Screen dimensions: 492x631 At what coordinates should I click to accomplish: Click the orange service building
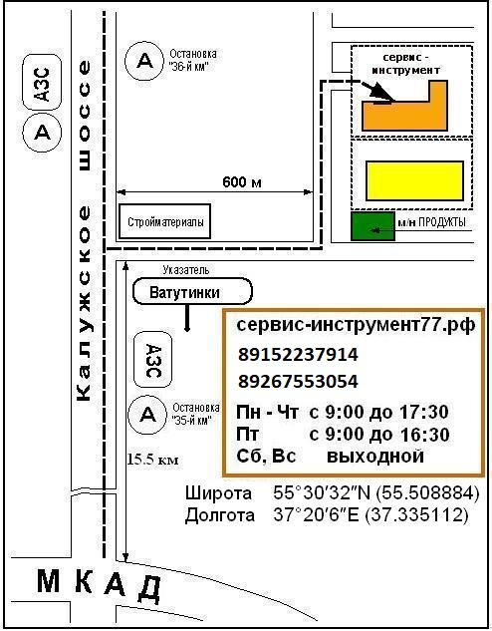(x=404, y=116)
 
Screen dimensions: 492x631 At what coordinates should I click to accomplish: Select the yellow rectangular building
(x=414, y=180)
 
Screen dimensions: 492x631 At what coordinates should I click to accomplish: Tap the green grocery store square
(x=372, y=226)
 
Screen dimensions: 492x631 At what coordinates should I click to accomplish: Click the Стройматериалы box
(x=164, y=221)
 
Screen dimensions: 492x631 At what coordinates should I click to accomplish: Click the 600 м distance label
(x=242, y=182)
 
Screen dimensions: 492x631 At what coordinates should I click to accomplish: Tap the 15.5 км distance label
(x=152, y=459)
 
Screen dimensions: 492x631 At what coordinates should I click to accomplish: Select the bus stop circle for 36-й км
(x=144, y=61)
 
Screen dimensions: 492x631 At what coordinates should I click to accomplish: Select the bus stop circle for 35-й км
(x=147, y=415)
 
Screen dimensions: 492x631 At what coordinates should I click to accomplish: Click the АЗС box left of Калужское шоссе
(x=42, y=83)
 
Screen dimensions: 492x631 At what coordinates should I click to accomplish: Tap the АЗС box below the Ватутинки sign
(x=152, y=360)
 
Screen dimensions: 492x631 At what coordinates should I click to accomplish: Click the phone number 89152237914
(x=298, y=355)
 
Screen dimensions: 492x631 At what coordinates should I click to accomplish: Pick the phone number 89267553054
(x=298, y=382)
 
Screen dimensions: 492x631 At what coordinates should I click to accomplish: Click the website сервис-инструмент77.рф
(x=357, y=325)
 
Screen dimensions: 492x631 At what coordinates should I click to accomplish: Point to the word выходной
(x=375, y=457)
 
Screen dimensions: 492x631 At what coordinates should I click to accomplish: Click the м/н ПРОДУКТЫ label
(x=431, y=222)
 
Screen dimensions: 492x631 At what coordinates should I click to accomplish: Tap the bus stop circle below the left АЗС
(x=42, y=132)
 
